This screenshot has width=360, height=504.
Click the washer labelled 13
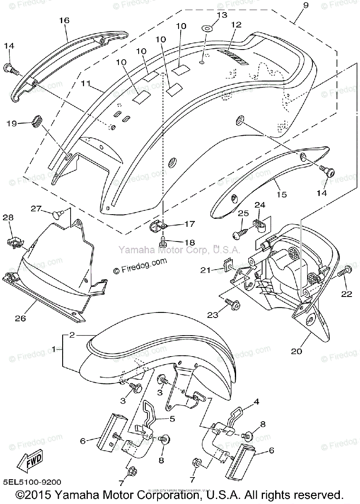207,29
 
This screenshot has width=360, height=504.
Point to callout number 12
236,25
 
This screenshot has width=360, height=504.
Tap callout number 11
86,84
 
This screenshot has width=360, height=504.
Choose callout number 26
20,318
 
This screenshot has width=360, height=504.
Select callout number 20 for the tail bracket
297,351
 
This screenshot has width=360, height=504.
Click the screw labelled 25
242,231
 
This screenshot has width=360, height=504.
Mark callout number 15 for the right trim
281,194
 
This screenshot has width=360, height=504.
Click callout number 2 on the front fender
72,335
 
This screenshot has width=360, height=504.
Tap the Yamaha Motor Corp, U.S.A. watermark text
179,250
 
